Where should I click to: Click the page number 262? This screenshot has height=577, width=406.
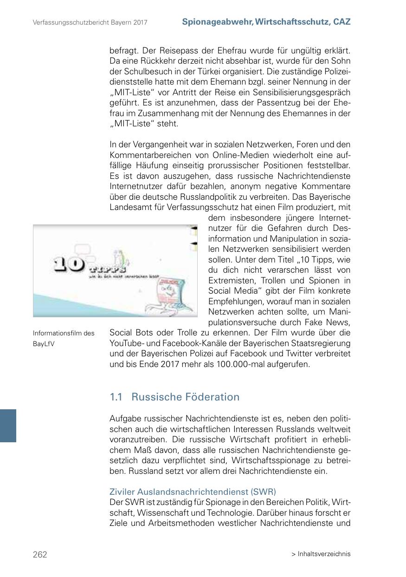click(40, 554)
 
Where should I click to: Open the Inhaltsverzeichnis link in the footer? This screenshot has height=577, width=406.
click(324, 554)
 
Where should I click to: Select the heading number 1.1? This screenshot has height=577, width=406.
click(116, 397)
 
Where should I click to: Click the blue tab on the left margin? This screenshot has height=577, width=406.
click(8, 426)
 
